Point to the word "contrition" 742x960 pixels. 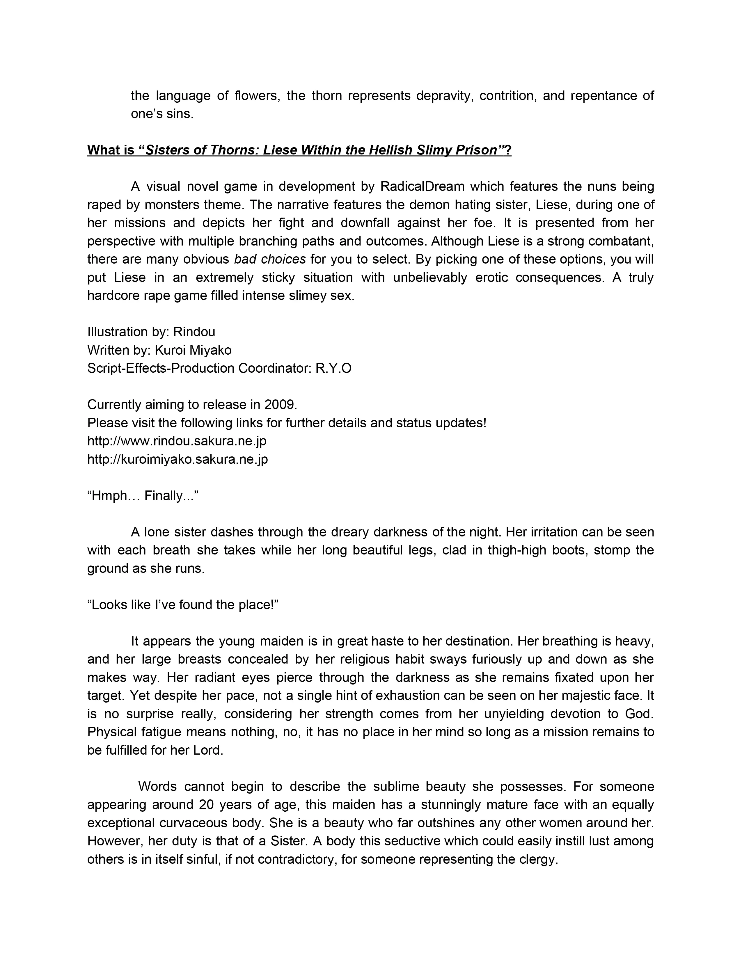pyautogui.click(x=507, y=95)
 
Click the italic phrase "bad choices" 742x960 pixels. pyautogui.click(x=270, y=259)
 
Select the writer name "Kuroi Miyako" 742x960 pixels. pyautogui.click(x=193, y=350)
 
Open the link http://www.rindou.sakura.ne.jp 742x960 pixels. pyautogui.click(x=177, y=441)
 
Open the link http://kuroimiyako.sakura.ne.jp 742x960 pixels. pyautogui.click(x=177, y=459)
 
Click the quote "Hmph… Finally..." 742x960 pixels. pyautogui.click(x=143, y=496)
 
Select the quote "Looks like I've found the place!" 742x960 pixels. pyautogui.click(x=183, y=605)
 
